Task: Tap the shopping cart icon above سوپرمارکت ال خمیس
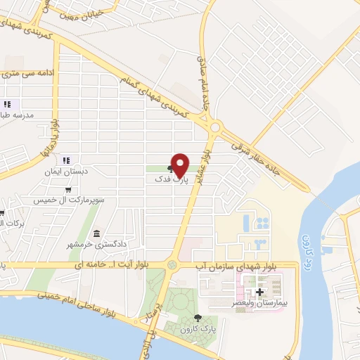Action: click(67, 190)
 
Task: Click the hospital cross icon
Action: click(259, 291)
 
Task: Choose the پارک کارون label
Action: click(196, 328)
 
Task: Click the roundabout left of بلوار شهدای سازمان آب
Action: click(172, 265)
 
